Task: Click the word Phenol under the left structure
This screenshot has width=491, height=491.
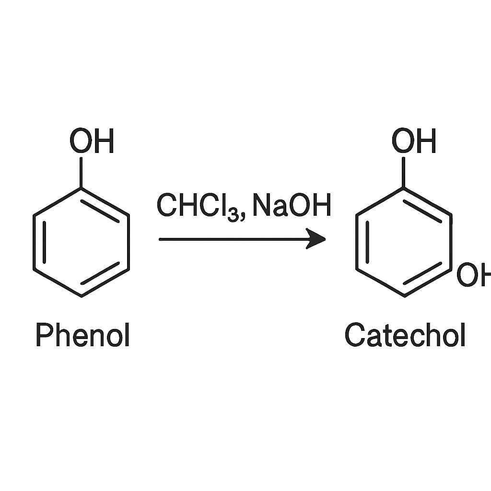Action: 83,334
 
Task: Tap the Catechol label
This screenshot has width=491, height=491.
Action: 405,334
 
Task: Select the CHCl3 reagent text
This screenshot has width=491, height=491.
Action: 198,206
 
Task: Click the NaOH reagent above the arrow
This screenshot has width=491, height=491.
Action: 292,205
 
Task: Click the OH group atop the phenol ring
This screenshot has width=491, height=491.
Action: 92,140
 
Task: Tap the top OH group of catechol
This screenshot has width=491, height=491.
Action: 414,140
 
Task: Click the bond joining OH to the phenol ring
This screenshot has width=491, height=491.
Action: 81,173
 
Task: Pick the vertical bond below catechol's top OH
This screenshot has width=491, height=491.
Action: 404,173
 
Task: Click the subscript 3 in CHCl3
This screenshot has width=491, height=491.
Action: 233,216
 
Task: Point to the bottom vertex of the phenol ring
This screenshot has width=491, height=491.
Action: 82,296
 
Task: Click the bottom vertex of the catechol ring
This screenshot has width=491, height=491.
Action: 405,296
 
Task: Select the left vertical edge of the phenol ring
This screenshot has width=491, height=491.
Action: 35,242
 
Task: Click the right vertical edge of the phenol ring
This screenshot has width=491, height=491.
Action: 129,242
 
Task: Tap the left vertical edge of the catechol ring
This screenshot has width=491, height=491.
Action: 357,242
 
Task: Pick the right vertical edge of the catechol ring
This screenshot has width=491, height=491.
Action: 451,242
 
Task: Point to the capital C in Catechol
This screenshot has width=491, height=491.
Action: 355,334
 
